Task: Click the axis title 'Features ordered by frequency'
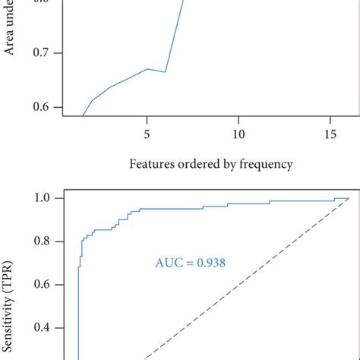click(x=210, y=163)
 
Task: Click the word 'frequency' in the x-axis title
click(x=265, y=163)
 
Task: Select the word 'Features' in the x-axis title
click(x=152, y=163)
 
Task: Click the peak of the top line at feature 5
click(x=147, y=69)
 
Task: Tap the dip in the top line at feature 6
click(x=165, y=72)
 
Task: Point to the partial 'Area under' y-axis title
click(x=11, y=30)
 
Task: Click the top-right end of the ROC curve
click(x=348, y=198)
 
